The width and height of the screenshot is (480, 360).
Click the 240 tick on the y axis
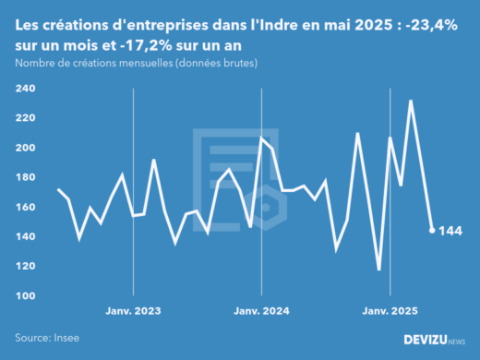coord(25,89)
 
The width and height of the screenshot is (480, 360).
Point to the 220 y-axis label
coord(25,118)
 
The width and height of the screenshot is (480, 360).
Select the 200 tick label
coord(25,148)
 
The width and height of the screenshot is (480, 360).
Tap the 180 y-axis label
coord(25,177)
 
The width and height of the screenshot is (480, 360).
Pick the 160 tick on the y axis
coord(25,207)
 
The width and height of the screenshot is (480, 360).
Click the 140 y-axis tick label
coord(25,236)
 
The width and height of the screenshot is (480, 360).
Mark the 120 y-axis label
coord(25,266)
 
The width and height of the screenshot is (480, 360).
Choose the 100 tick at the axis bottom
coord(25,295)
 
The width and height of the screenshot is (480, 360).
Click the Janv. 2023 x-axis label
coord(135,311)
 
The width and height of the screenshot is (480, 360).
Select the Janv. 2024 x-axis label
coord(262,311)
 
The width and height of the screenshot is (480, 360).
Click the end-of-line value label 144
coord(450,231)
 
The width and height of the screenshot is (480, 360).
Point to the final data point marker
coord(432,231)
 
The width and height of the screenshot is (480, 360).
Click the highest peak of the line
coord(411,102)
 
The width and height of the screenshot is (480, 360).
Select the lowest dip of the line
coord(378,270)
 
